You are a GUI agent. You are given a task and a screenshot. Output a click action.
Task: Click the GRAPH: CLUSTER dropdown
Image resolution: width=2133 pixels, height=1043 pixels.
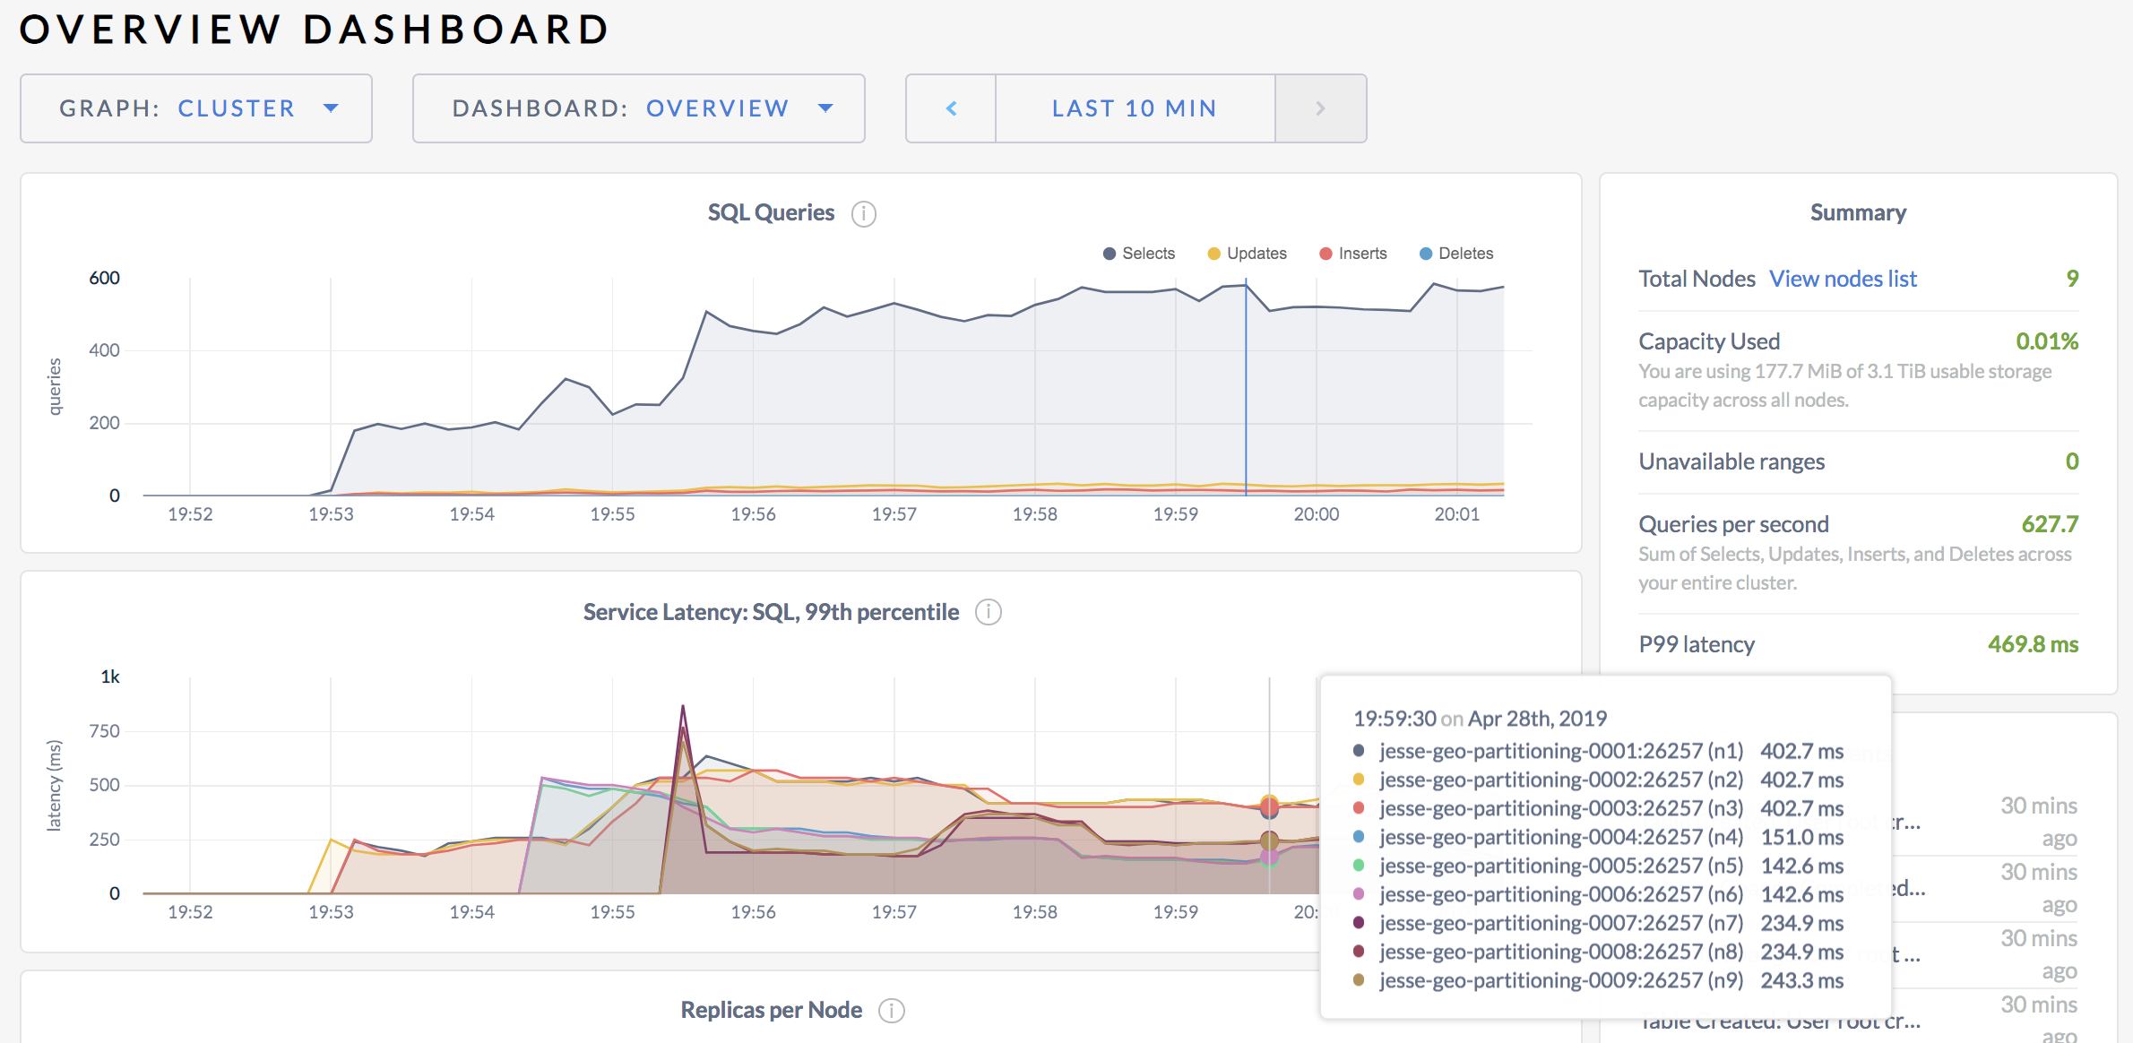pyautogui.click(x=196, y=108)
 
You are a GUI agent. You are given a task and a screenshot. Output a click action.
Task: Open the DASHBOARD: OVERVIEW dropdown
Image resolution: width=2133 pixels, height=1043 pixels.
pyautogui.click(x=638, y=108)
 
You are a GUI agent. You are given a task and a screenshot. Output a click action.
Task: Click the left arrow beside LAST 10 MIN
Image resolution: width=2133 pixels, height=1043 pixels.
pyautogui.click(x=951, y=108)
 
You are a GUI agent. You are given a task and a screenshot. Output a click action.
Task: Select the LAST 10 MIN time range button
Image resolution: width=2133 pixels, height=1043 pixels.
pyautogui.click(x=1135, y=108)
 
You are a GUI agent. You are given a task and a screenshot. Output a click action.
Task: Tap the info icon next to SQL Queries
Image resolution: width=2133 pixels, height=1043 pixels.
pyautogui.click(x=863, y=214)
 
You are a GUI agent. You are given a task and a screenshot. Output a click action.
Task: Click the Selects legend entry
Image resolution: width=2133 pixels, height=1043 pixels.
pyautogui.click(x=1139, y=254)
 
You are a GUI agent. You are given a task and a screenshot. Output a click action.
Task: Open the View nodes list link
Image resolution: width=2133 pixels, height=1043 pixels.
pyautogui.click(x=1843, y=279)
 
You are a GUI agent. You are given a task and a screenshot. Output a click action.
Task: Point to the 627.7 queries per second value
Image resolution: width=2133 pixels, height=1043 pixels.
pyautogui.click(x=2049, y=524)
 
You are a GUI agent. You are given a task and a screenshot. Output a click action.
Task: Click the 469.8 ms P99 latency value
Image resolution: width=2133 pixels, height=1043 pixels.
pyautogui.click(x=2033, y=644)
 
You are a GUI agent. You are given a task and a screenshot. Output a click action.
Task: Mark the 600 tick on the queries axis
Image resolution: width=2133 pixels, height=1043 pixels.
pyautogui.click(x=104, y=278)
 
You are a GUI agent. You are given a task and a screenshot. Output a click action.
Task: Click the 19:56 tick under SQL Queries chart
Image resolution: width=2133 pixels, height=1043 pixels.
pyautogui.click(x=753, y=514)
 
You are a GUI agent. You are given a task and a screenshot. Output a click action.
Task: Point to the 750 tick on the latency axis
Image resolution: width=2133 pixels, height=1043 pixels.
pyautogui.click(x=104, y=731)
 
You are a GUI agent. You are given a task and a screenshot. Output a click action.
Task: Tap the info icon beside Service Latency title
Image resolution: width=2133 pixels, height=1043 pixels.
pyautogui.click(x=988, y=612)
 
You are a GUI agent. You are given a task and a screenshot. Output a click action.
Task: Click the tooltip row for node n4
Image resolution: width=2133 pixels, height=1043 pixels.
pyautogui.click(x=1597, y=837)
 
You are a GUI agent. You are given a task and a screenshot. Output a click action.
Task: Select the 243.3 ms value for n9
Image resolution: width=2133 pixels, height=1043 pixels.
pyautogui.click(x=1801, y=980)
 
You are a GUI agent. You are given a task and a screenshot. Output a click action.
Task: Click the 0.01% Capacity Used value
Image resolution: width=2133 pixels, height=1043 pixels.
pyautogui.click(x=2046, y=341)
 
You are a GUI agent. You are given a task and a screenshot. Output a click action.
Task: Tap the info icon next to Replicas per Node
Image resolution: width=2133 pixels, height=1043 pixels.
pyautogui.click(x=891, y=1011)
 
